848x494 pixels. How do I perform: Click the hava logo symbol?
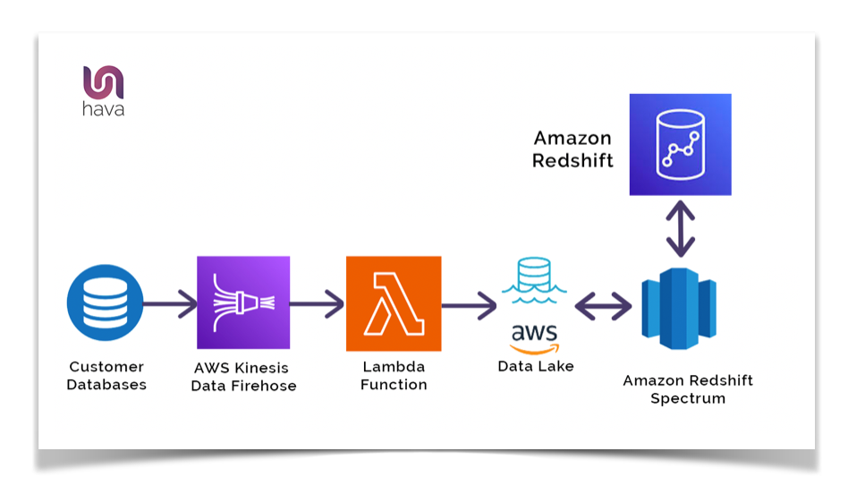click(104, 82)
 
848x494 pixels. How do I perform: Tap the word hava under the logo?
click(104, 111)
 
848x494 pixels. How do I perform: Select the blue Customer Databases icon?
click(105, 303)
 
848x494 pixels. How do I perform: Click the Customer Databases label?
click(106, 376)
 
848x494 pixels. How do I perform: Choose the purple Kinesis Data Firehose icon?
click(243, 302)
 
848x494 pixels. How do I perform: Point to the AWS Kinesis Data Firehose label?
click(243, 376)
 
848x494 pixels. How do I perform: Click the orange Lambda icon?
click(394, 303)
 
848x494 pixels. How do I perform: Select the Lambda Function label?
click(394, 376)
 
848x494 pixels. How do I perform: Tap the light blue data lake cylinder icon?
click(533, 276)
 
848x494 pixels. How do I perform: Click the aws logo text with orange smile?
click(534, 337)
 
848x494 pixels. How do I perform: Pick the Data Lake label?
click(536, 366)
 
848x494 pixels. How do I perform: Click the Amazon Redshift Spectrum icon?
click(679, 306)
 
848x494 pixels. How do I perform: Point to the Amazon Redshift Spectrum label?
click(688, 389)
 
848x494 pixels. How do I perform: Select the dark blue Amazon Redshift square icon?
click(680, 144)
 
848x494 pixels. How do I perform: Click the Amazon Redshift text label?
click(572, 149)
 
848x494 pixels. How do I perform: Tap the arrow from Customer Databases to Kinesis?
click(169, 304)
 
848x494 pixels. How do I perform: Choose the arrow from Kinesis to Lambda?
click(318, 304)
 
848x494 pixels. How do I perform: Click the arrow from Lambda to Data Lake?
click(469, 305)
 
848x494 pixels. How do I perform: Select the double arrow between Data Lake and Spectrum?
click(603, 307)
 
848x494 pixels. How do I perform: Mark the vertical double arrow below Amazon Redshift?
click(681, 229)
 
